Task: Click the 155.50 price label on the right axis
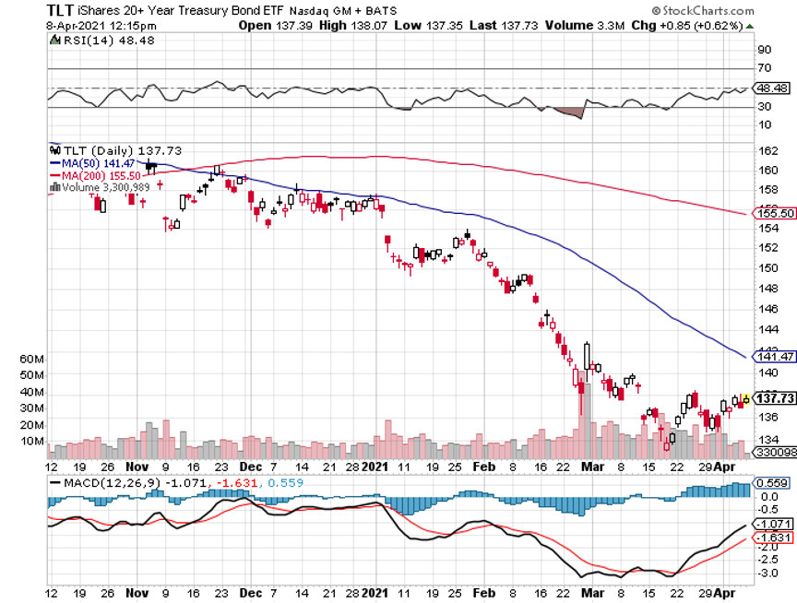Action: click(x=774, y=213)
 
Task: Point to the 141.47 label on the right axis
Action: click(x=774, y=356)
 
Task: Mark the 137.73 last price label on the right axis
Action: click(x=774, y=398)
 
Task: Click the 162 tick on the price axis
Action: click(x=765, y=150)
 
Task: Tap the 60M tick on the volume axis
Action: click(x=32, y=358)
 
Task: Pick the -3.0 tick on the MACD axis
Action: click(x=766, y=573)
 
